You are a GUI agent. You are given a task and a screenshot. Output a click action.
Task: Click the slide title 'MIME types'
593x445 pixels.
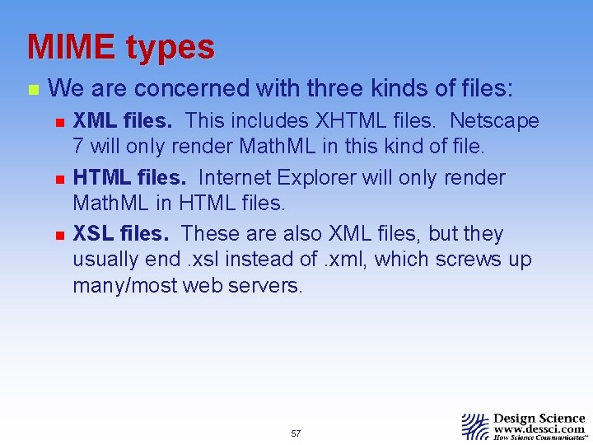[121, 47]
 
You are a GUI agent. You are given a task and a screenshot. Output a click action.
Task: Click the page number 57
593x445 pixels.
[296, 433]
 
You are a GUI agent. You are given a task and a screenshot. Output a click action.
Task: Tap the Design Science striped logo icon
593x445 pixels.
[474, 426]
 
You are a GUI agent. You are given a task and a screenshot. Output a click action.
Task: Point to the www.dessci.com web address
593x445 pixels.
[539, 429]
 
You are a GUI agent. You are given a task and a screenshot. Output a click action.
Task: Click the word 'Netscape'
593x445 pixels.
[494, 121]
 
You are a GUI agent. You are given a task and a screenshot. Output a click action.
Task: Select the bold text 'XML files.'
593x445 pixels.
[123, 121]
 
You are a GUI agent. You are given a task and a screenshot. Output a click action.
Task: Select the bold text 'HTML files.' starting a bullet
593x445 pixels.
[130, 177]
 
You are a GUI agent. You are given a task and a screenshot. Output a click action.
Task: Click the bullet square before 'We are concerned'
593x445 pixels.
[31, 88]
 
